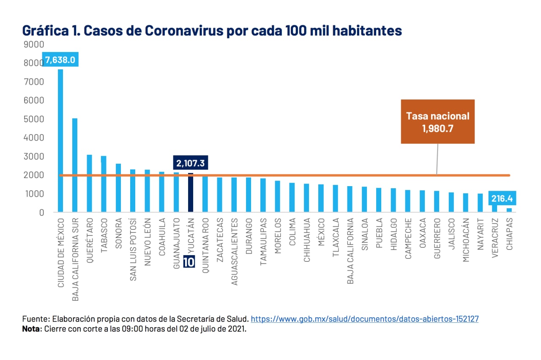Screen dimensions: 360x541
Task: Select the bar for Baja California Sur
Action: coord(75,165)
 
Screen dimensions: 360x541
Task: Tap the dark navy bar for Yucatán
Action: coord(191,192)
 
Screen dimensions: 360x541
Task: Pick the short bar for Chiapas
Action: coord(509,210)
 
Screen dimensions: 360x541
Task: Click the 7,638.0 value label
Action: coord(60,60)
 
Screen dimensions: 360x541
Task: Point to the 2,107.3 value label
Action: coord(191,163)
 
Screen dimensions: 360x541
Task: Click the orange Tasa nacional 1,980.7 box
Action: coord(437,122)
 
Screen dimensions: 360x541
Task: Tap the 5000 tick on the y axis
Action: coord(36,119)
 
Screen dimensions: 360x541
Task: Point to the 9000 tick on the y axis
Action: coord(36,44)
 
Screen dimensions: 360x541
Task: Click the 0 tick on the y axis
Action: coord(41,212)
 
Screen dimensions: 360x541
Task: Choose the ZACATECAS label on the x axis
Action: coord(220,240)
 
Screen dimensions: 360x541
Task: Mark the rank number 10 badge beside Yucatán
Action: coord(189,262)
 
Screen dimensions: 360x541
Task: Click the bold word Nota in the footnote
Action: coord(30,329)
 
